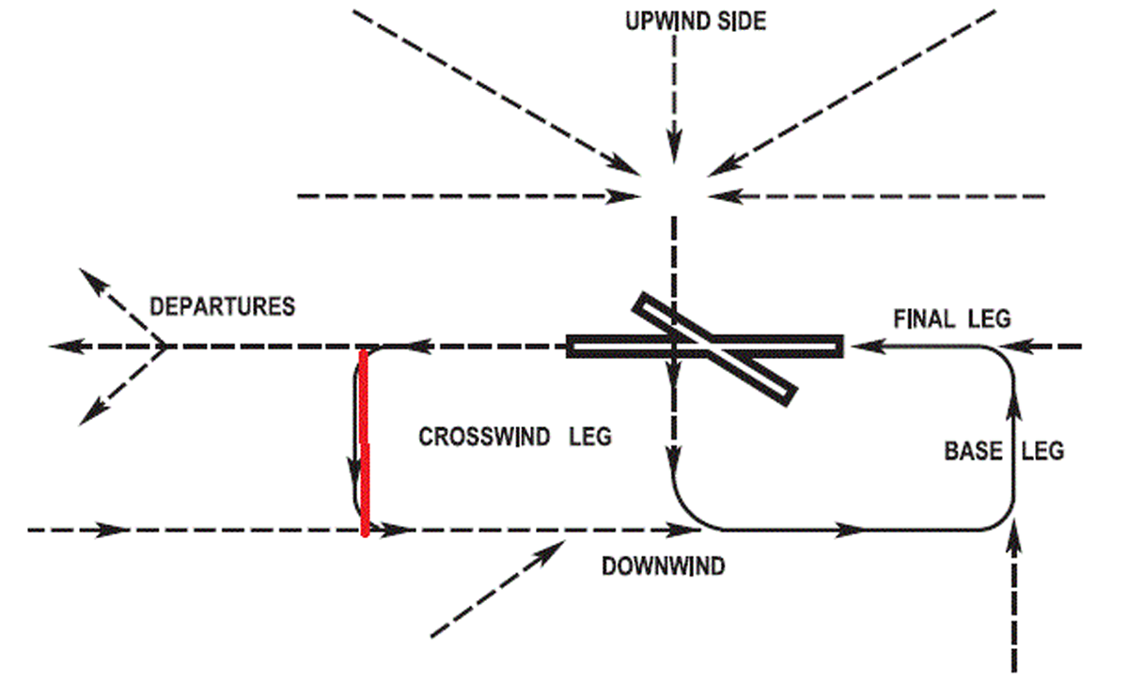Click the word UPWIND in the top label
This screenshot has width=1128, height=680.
click(662, 21)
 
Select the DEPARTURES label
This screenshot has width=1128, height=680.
click(223, 307)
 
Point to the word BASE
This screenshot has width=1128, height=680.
click(972, 452)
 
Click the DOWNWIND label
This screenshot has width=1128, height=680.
click(664, 566)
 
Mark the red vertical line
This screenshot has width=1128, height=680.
click(364, 441)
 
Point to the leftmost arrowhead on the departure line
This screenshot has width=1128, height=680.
click(62, 347)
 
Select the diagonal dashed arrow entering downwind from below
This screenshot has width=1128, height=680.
click(498, 583)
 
